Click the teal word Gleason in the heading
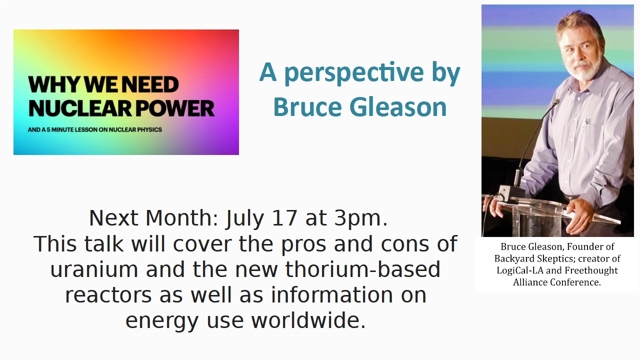point(398,107)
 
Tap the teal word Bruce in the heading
point(307,107)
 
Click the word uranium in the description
point(94,269)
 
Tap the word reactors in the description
point(108,295)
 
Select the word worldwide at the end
point(308,320)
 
